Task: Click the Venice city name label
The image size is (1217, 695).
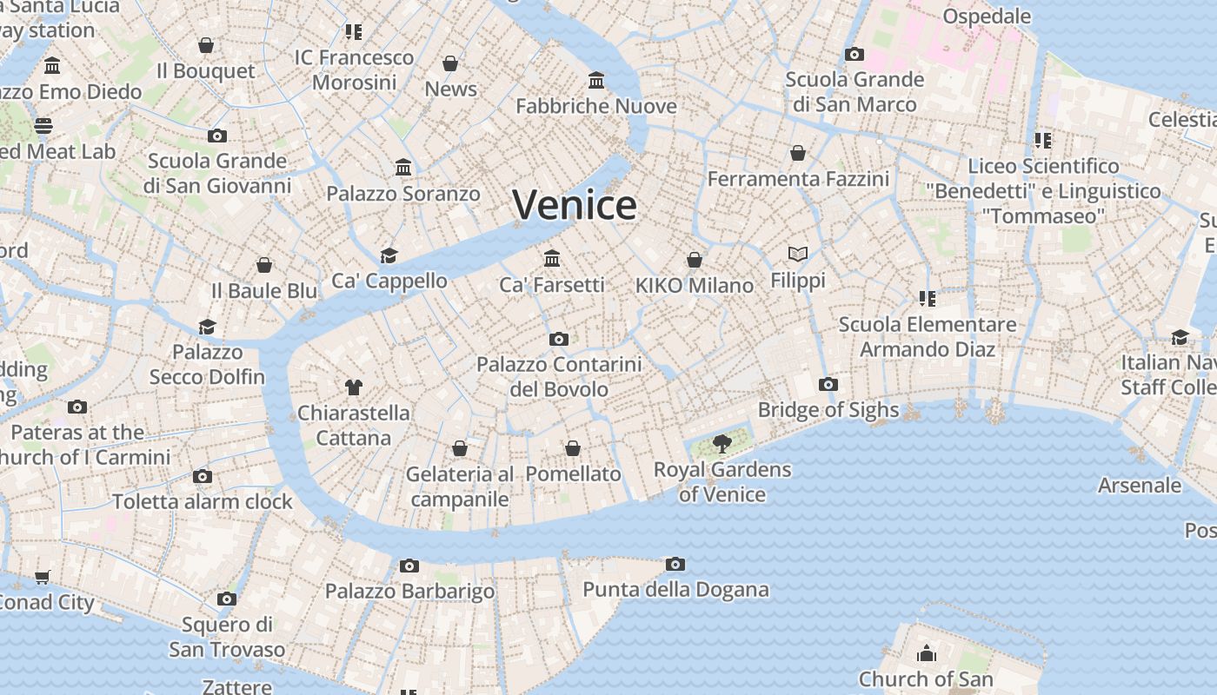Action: point(575,205)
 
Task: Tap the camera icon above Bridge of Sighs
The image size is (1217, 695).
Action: point(828,384)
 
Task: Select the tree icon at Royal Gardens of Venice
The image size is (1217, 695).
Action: point(722,445)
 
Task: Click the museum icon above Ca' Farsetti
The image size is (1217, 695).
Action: point(552,258)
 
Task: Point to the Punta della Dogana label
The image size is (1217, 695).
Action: point(675,590)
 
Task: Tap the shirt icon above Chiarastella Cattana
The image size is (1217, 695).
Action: point(353,387)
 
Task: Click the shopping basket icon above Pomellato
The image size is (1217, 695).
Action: point(573,448)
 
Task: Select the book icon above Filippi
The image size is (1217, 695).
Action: point(798,254)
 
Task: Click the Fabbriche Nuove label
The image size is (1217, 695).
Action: point(596,106)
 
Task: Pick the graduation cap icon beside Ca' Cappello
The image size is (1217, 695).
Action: point(389,255)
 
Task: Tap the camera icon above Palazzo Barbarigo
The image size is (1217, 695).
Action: point(409,566)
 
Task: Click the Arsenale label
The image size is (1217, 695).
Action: point(1140,486)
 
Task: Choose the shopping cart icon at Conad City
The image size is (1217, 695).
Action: point(43,577)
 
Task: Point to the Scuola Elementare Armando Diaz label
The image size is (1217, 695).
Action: point(928,337)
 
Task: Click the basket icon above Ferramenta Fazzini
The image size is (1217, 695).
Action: point(798,154)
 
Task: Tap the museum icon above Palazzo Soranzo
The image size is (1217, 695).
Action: point(403,167)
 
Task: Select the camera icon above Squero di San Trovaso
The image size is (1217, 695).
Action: point(227,599)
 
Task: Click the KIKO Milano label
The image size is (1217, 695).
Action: point(695,286)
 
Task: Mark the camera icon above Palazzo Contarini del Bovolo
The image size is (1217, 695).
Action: point(559,340)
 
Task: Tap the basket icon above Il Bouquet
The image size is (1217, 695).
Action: point(206,45)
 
